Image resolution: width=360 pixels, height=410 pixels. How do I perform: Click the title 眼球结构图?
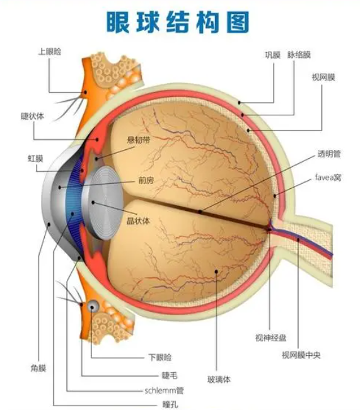coord(178,22)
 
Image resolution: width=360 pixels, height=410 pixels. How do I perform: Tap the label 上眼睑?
coord(50,51)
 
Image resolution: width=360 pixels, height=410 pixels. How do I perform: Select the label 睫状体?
coord(32,116)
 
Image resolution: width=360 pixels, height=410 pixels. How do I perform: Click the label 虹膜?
coord(35,159)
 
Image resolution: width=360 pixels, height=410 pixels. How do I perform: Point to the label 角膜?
coord(38,368)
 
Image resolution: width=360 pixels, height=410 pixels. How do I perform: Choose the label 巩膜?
coord(272,55)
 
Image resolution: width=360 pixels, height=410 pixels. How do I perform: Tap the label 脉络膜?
coord(299,55)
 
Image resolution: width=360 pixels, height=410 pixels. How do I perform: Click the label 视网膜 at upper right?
coord(323,77)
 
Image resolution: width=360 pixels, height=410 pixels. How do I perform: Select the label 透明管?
coord(329,154)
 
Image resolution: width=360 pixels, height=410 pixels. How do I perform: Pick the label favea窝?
coord(328,178)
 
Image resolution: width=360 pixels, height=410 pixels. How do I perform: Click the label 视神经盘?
coord(270,338)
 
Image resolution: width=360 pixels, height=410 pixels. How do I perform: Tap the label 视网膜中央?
coord(301,355)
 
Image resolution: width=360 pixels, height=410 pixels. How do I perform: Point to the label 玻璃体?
coord(219,379)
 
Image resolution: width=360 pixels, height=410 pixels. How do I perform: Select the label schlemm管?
coord(164,390)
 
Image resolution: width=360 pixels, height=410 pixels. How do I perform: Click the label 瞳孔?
coord(170,404)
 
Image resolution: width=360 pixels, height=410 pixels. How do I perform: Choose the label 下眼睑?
coord(160,357)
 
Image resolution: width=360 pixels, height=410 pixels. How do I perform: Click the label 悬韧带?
coord(139,140)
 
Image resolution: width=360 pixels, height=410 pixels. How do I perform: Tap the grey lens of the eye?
coord(103,203)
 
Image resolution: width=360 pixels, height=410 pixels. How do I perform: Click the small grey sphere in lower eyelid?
coord(93,305)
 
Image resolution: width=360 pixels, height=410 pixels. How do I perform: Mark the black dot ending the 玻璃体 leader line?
coord(216,271)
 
